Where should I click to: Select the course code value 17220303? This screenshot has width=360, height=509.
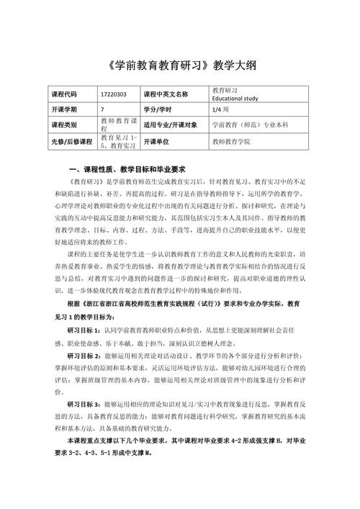(x=114, y=94)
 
